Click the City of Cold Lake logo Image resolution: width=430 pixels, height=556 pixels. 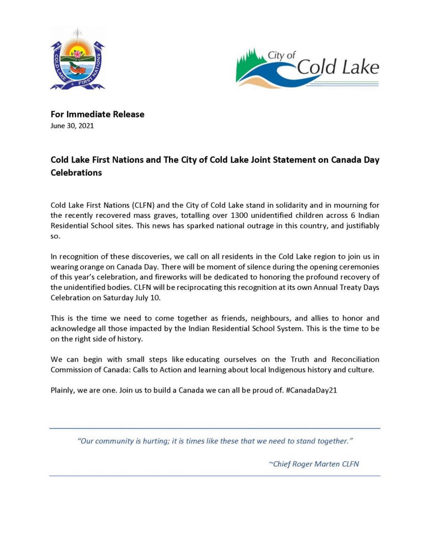click(x=307, y=68)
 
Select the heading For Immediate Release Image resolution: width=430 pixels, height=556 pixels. click(x=97, y=114)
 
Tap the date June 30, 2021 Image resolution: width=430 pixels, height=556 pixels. click(x=72, y=126)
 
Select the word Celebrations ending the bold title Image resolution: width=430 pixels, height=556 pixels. click(x=76, y=173)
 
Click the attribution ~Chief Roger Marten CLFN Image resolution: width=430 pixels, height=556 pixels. click(x=314, y=464)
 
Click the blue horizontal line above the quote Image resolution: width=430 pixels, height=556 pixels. click(x=215, y=428)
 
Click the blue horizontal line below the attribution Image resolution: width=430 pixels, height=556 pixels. click(x=215, y=476)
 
